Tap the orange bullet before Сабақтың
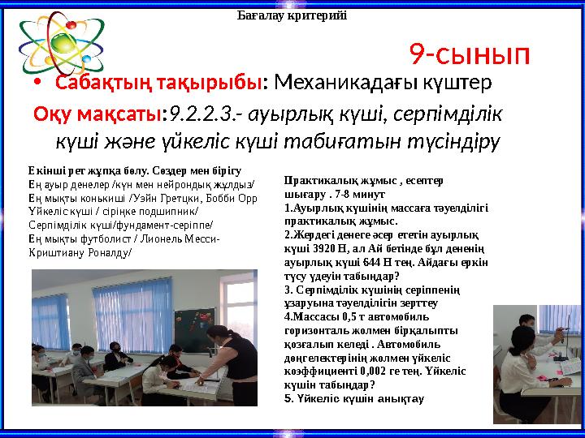(x=37, y=84)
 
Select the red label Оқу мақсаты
(x=98, y=114)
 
